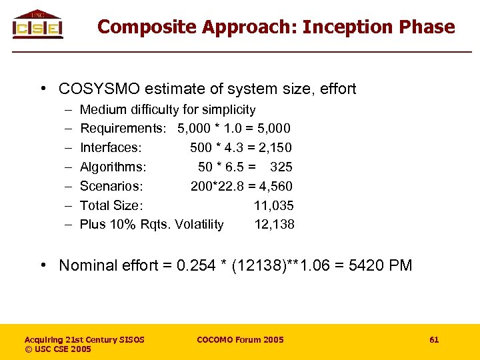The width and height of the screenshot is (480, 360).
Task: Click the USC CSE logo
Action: (x=38, y=25)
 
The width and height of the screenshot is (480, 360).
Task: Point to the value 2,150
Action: (x=275, y=147)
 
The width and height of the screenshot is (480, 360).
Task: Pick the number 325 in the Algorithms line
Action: (x=281, y=167)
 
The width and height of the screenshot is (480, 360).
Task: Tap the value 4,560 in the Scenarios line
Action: (x=276, y=186)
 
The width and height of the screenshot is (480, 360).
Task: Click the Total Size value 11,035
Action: (x=273, y=205)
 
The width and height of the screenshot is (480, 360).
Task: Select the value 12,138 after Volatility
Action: (x=274, y=225)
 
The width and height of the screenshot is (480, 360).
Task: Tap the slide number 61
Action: (x=434, y=340)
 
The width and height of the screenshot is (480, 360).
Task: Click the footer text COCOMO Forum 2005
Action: (x=240, y=340)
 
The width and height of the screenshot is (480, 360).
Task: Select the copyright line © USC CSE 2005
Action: (x=58, y=349)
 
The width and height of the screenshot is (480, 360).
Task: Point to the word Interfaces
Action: (x=111, y=147)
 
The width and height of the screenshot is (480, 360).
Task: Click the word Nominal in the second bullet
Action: (x=86, y=265)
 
